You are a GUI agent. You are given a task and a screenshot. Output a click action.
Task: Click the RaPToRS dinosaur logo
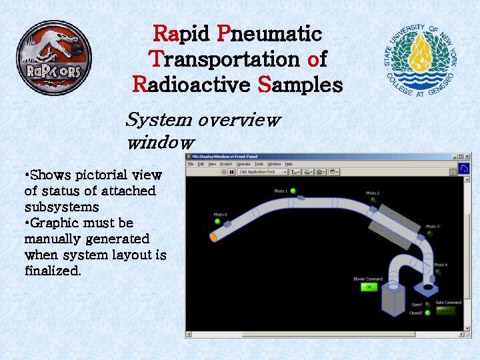(x=53, y=57)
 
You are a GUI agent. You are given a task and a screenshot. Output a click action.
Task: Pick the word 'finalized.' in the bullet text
(x=53, y=271)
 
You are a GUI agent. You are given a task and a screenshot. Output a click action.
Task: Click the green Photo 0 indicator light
(x=217, y=221)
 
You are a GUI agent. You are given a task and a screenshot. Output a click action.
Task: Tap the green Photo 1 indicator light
(x=293, y=191)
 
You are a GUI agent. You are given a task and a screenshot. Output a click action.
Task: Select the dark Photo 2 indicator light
(x=373, y=200)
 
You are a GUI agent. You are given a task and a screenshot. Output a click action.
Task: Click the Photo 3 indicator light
(x=431, y=234)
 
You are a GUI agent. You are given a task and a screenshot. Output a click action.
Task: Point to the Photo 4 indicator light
(x=439, y=272)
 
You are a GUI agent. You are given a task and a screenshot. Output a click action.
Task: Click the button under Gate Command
(x=445, y=310)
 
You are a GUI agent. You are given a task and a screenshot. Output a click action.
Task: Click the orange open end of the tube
(x=213, y=236)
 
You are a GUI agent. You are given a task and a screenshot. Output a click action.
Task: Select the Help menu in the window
(x=289, y=163)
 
